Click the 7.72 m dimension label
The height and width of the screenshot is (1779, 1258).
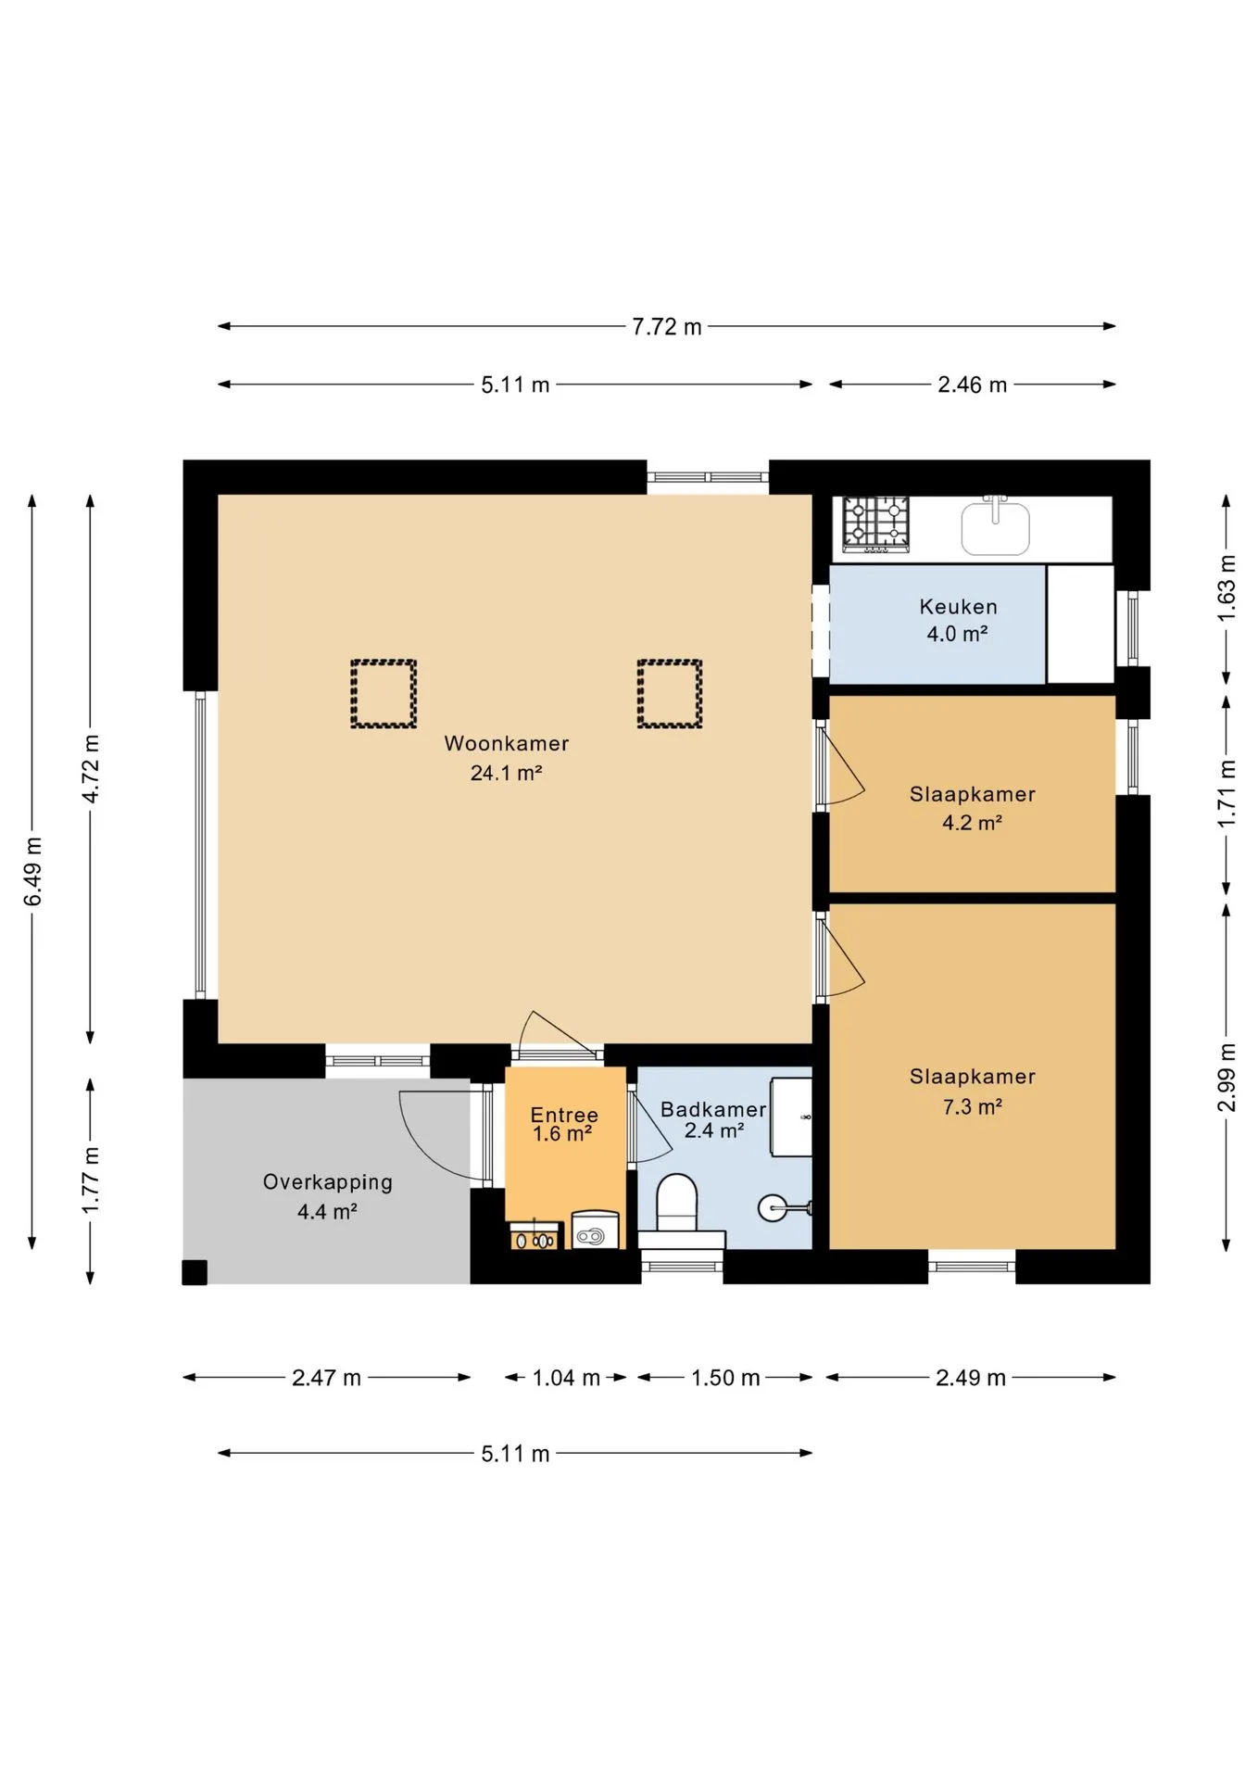(667, 327)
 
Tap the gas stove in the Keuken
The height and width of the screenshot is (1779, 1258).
(875, 524)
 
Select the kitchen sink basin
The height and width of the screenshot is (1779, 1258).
(996, 528)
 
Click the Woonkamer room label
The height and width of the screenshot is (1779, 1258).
(506, 743)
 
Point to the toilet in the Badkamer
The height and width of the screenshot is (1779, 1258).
(677, 1202)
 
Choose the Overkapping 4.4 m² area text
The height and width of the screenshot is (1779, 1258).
(328, 1196)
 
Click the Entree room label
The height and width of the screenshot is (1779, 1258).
(564, 1115)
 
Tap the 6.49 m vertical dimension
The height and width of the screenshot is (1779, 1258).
(33, 871)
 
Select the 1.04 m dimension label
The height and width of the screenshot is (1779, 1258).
(566, 1378)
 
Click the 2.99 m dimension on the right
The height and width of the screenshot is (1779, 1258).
(1227, 1078)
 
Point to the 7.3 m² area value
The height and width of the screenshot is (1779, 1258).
(973, 1106)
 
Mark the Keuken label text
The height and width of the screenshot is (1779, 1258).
(958, 607)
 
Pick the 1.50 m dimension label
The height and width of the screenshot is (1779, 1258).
(725, 1378)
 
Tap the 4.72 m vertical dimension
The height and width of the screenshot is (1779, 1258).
(91, 769)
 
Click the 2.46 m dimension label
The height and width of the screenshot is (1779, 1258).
(972, 385)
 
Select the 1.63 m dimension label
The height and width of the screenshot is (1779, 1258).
(1227, 588)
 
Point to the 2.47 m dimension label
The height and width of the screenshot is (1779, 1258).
(326, 1378)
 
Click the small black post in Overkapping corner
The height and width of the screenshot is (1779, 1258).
(195, 1272)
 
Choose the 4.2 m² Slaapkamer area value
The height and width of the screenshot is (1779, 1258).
(973, 823)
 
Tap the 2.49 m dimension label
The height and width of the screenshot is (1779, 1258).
(971, 1378)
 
